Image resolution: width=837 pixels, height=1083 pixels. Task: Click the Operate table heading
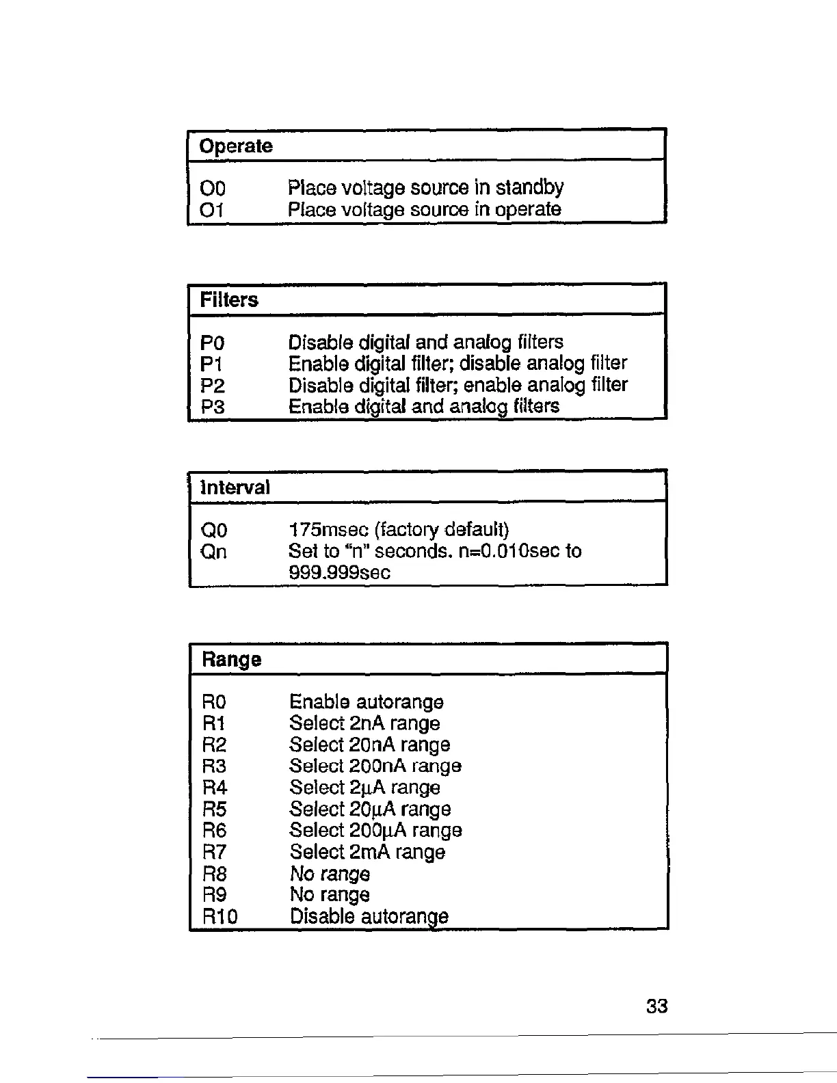(x=235, y=146)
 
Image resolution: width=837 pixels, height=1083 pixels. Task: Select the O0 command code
(x=213, y=188)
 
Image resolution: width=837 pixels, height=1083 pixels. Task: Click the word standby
(x=529, y=187)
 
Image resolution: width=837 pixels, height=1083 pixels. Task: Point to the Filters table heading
(x=229, y=300)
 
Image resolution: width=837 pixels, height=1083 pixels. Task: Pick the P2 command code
(x=213, y=386)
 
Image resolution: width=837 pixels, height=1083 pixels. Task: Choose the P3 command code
(x=213, y=407)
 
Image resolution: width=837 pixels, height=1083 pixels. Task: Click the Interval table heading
(x=235, y=487)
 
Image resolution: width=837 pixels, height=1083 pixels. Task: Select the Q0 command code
(x=214, y=530)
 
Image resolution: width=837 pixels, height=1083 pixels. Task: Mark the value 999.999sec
(x=339, y=572)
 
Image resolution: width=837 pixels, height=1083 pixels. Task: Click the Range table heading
(x=231, y=660)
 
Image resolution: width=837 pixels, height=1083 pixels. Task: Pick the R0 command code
(x=214, y=702)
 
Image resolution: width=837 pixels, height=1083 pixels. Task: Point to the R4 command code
(x=214, y=788)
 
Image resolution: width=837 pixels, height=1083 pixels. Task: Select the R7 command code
(x=214, y=852)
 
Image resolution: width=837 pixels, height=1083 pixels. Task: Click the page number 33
(x=656, y=1006)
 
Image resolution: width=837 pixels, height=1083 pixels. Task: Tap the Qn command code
(x=214, y=551)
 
